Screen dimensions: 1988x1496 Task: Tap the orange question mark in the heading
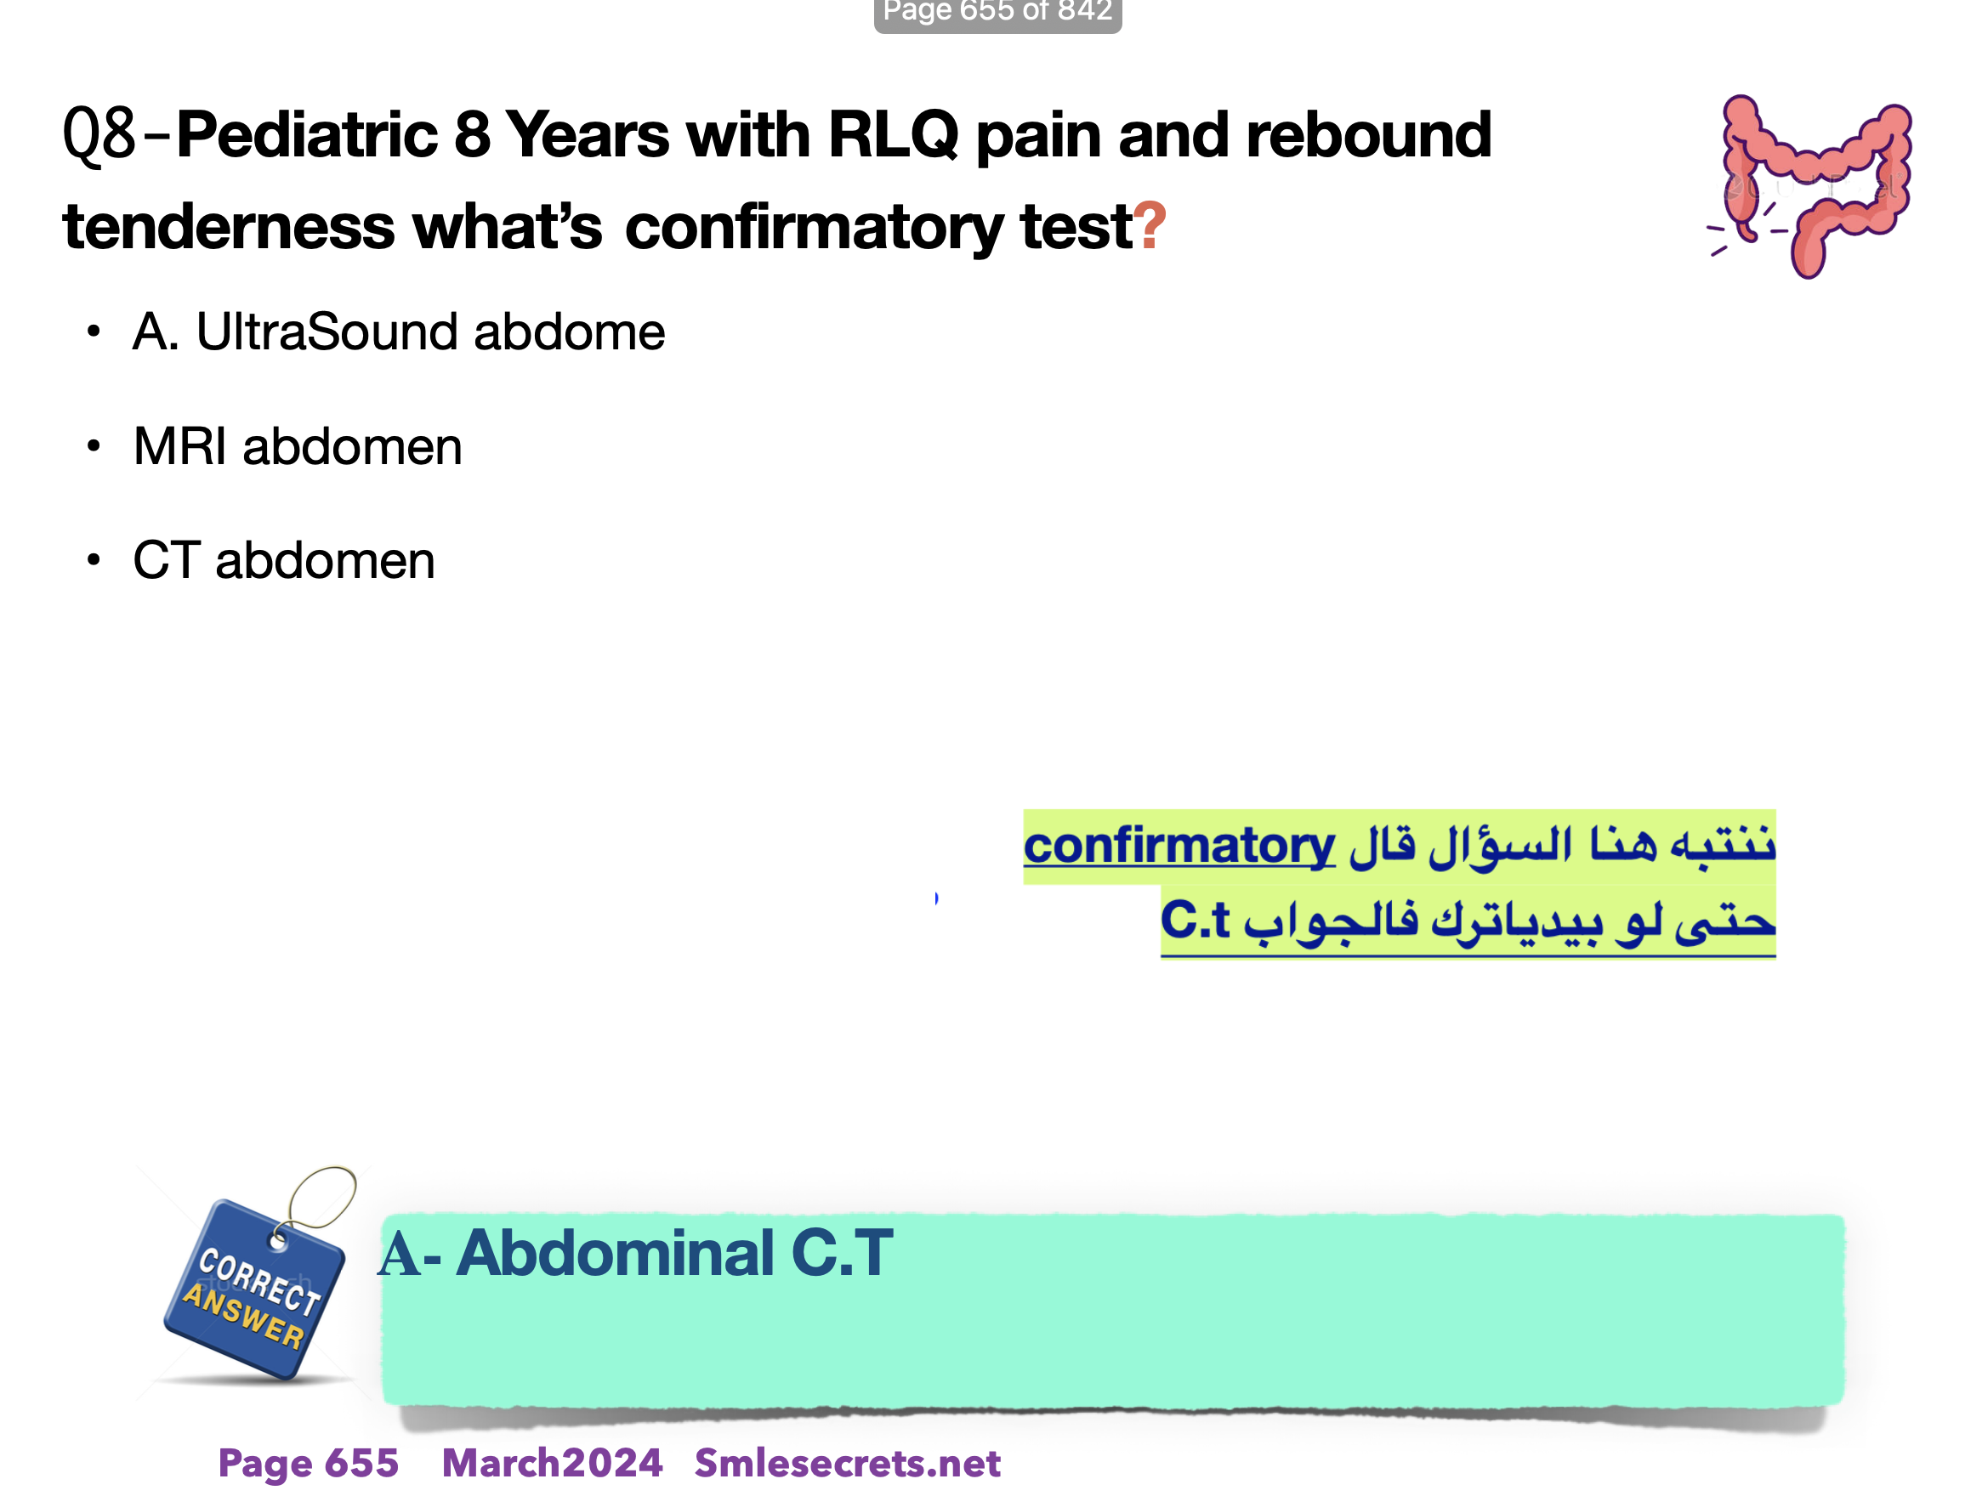pyautogui.click(x=1150, y=225)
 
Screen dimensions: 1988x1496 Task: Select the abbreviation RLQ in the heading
pyautogui.click(x=894, y=135)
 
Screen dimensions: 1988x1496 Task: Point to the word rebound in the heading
pyautogui.click(x=1369, y=134)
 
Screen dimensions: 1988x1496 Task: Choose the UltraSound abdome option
pyautogui.click(x=399, y=331)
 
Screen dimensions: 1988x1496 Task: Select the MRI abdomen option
pyautogui.click(x=298, y=446)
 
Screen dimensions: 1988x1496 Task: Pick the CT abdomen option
pyautogui.click(x=284, y=561)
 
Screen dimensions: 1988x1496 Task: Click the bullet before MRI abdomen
pyautogui.click(x=94, y=445)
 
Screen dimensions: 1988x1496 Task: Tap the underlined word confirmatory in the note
pyautogui.click(x=1179, y=846)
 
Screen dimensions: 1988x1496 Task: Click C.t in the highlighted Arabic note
pyautogui.click(x=1195, y=919)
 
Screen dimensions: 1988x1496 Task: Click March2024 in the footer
pyautogui.click(x=552, y=1463)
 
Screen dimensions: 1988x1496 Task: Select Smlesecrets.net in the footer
pyautogui.click(x=848, y=1463)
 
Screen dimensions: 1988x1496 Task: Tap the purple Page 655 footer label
pyautogui.click(x=309, y=1463)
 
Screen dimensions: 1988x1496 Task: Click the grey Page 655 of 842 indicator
pyautogui.click(x=997, y=13)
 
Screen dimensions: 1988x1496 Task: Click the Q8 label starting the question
pyautogui.click(x=99, y=135)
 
